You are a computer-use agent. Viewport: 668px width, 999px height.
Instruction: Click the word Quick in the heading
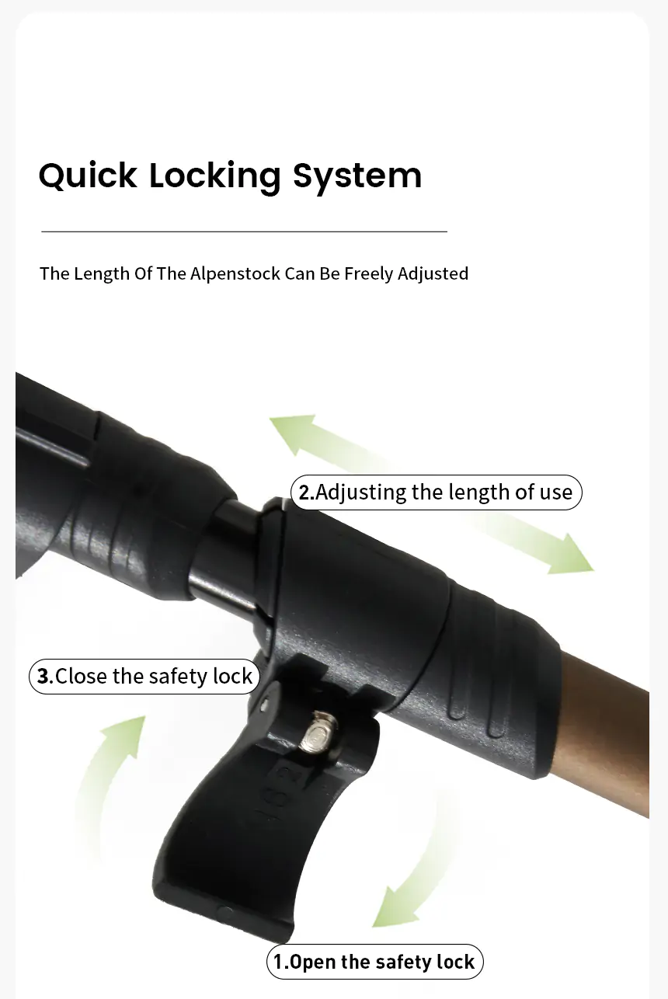pyautogui.click(x=88, y=176)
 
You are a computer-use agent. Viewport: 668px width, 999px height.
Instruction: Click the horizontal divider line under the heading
pyautogui.click(x=244, y=231)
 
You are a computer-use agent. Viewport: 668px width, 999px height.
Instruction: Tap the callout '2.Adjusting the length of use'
pyautogui.click(x=436, y=493)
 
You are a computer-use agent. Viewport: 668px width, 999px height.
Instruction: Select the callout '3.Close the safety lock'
pyautogui.click(x=144, y=676)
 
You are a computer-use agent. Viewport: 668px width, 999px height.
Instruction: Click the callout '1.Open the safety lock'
pyautogui.click(x=374, y=962)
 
